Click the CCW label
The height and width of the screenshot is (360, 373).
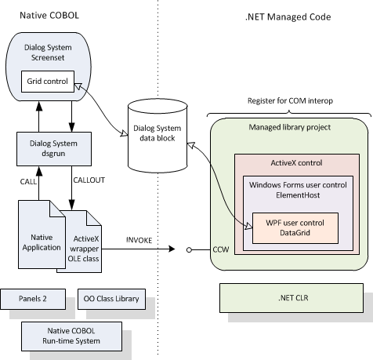pos(220,251)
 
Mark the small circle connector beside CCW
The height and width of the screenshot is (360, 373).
pos(191,252)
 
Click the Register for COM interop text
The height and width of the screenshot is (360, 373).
pos(282,100)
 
